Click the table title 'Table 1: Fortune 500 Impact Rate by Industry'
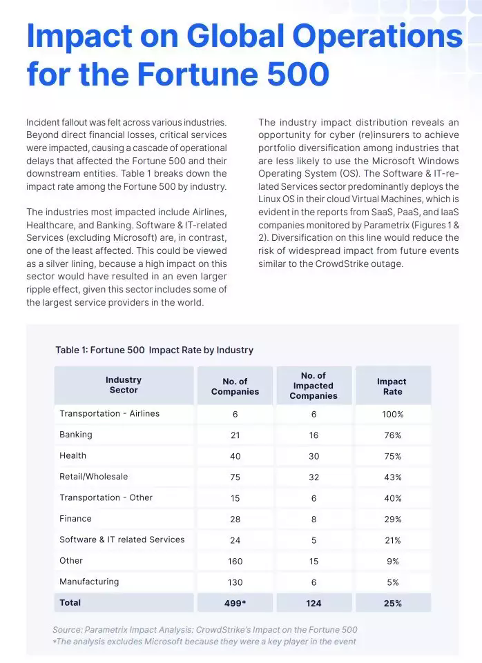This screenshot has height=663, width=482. click(154, 350)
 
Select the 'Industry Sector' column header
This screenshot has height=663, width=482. click(124, 385)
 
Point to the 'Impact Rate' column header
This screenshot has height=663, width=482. click(392, 386)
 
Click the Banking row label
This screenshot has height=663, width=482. click(76, 435)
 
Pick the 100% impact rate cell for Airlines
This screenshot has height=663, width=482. click(392, 414)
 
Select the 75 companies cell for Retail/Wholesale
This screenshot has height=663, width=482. click(235, 477)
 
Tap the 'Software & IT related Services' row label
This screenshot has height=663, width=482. click(122, 540)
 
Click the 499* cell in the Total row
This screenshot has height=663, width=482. click(235, 603)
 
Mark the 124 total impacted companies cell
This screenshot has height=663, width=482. click(314, 603)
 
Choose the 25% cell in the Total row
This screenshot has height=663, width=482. click(392, 603)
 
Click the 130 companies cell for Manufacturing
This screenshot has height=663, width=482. click(235, 582)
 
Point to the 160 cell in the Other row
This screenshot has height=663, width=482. click(235, 562)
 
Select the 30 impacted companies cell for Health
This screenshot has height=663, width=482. click(314, 456)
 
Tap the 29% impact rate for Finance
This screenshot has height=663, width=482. click(392, 519)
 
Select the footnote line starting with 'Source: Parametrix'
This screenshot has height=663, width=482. click(205, 630)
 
